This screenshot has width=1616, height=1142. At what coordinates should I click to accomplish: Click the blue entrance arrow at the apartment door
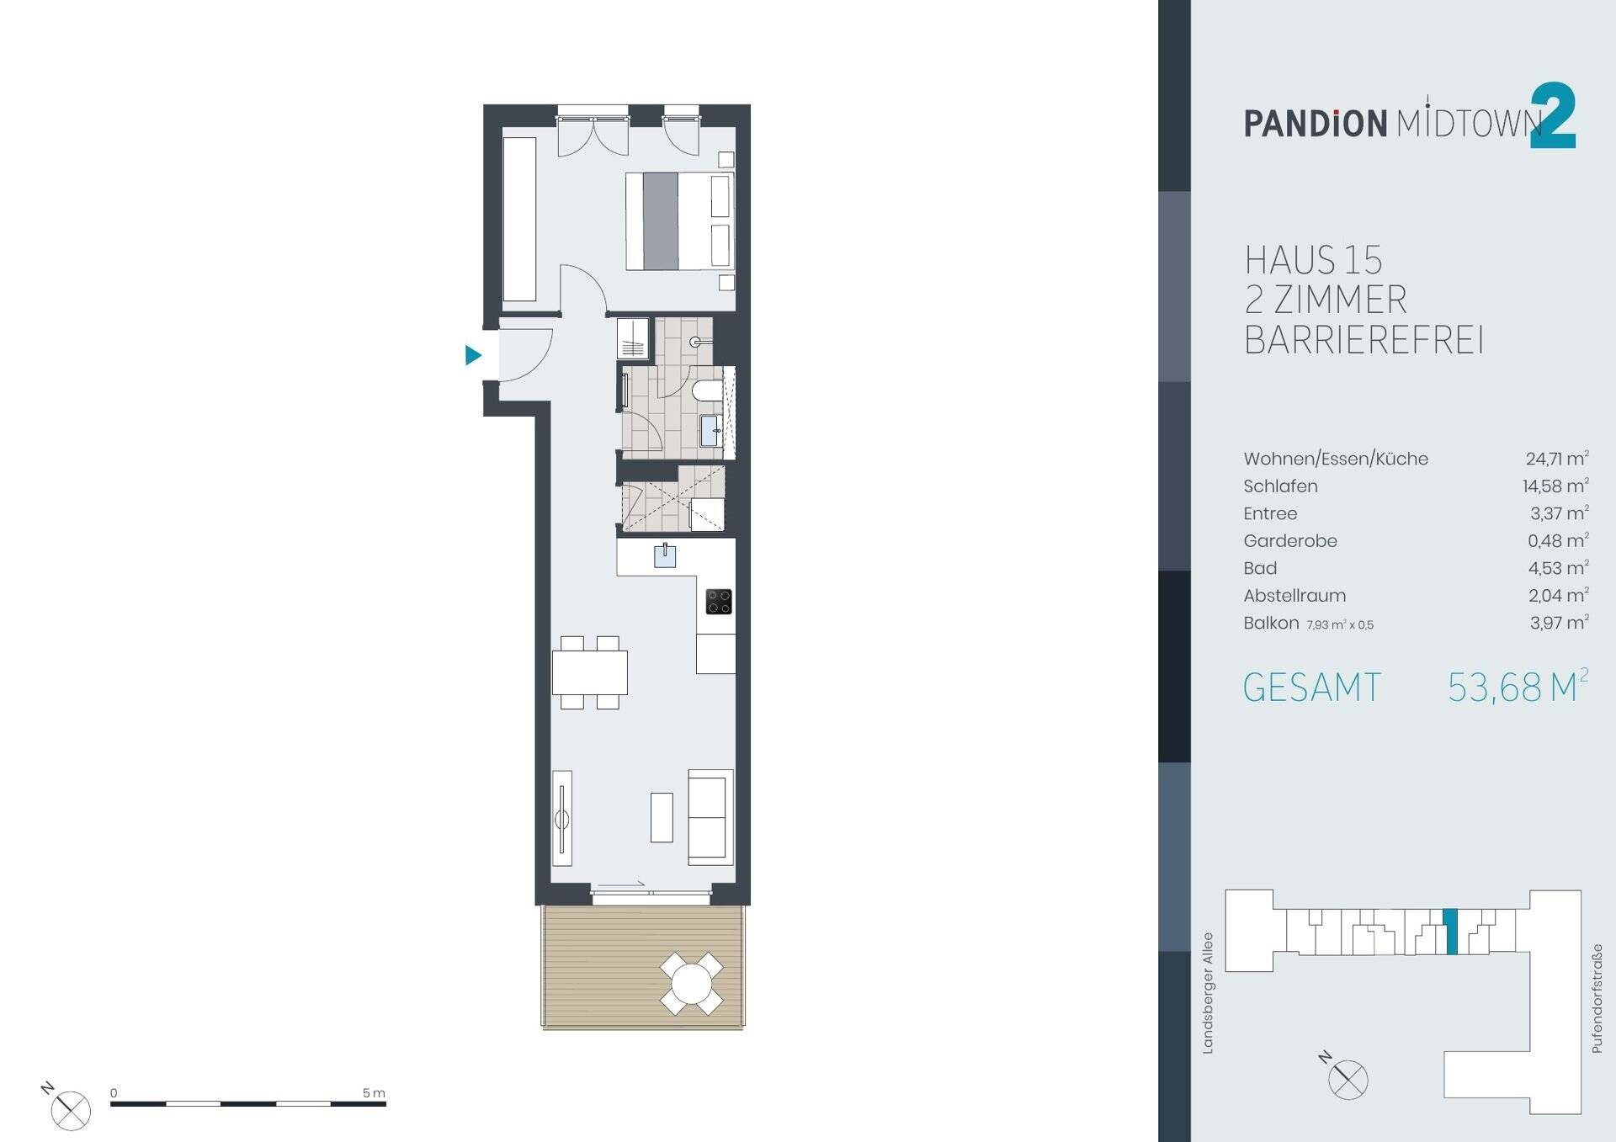point(473,355)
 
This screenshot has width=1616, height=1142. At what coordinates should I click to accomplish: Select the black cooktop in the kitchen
point(719,602)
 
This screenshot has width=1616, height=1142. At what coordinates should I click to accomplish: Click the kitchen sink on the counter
point(665,555)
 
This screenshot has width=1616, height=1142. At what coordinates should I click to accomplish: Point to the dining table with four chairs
point(590,672)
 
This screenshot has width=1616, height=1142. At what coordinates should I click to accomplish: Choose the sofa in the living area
point(710,817)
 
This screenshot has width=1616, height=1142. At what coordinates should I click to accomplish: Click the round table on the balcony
point(692,984)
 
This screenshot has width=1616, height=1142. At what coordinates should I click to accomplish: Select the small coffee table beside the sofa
point(662,817)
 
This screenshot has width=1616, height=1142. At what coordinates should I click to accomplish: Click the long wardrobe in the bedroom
point(519,220)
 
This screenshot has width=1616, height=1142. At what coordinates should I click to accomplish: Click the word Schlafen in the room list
point(1280,486)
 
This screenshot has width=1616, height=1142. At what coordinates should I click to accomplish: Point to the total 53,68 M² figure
point(1518,687)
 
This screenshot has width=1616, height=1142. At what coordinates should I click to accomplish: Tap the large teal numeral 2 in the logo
point(1552,116)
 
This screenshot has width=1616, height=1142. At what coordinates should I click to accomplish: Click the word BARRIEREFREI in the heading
point(1363,340)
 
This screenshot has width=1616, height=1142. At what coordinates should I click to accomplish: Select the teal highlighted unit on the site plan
point(1450,932)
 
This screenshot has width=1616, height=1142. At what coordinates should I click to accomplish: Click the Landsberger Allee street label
point(1208,992)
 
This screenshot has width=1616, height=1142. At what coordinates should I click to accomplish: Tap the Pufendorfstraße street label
point(1596,998)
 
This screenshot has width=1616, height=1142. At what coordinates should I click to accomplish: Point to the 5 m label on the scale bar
point(374,1092)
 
